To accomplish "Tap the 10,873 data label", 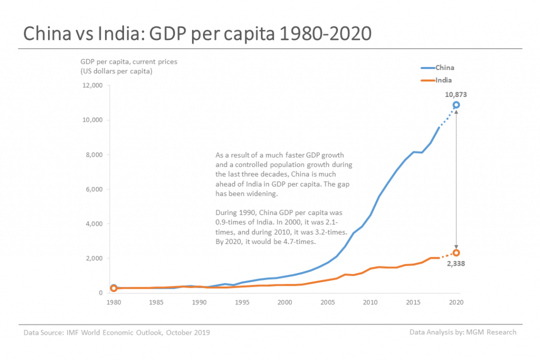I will [x=456, y=94].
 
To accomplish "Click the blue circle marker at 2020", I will [x=456, y=105].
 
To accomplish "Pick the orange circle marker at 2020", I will [x=456, y=253].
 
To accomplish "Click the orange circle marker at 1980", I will [x=113, y=288].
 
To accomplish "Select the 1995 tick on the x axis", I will [x=242, y=303].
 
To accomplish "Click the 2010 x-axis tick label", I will [x=371, y=303].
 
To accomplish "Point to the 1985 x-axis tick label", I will [x=156, y=303].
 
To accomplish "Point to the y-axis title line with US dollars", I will [x=116, y=71].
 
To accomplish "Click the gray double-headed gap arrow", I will [x=456, y=179].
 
